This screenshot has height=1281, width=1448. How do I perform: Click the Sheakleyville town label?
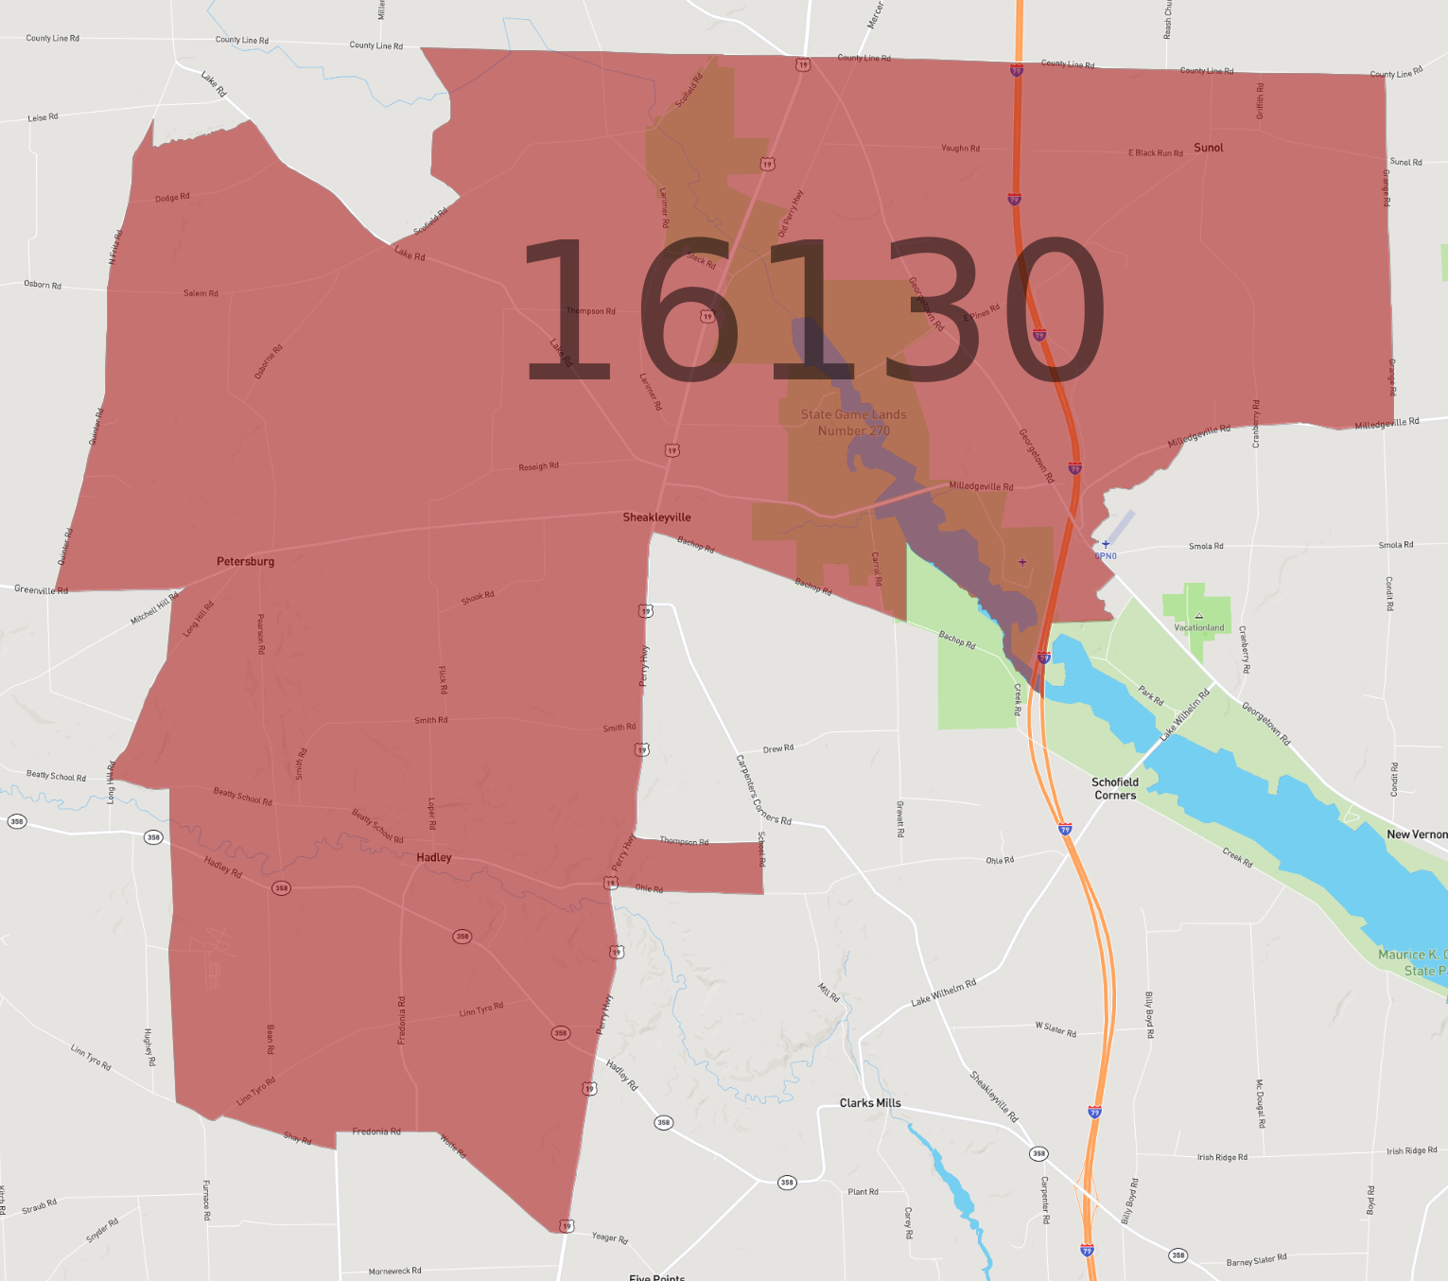[x=656, y=518]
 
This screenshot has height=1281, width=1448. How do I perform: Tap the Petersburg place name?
[x=245, y=562]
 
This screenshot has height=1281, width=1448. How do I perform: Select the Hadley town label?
[x=434, y=858]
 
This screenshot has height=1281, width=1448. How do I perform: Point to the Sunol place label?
[x=1208, y=148]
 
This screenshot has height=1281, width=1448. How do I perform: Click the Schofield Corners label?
[x=1115, y=789]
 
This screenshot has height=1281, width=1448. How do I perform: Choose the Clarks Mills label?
[x=870, y=1103]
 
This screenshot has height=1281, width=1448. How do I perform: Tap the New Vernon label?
[x=1416, y=834]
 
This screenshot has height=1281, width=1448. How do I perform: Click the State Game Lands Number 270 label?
[x=853, y=423]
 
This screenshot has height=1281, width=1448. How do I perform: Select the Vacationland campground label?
[x=1198, y=627]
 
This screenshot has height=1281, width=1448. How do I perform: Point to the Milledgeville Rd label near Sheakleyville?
[x=981, y=486]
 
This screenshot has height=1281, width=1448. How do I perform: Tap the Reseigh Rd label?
[x=538, y=466]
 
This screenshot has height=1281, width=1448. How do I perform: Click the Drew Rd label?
[x=778, y=748]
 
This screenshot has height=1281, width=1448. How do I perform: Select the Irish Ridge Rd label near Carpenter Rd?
[x=1222, y=1157]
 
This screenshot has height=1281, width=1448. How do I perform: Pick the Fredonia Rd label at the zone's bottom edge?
[x=376, y=1132]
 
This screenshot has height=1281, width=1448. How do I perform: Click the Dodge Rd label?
[x=172, y=198]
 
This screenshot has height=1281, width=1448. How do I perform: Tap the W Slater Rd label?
[x=1055, y=1028]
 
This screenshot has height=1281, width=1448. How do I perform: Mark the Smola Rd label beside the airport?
[x=1206, y=546]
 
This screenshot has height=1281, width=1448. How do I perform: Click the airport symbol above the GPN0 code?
[x=1106, y=544]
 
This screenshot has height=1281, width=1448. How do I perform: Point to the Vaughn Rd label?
[x=960, y=149]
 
